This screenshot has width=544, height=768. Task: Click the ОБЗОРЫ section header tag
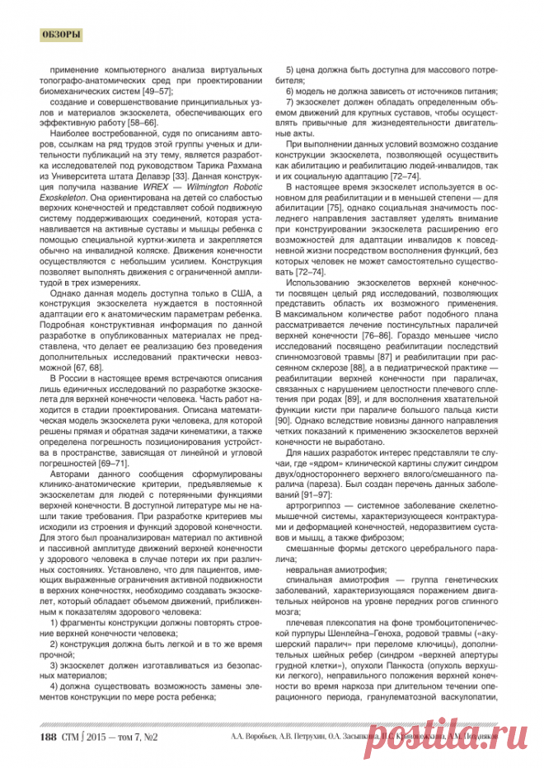pos(60,35)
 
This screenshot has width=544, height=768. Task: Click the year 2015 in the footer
pos(96,737)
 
